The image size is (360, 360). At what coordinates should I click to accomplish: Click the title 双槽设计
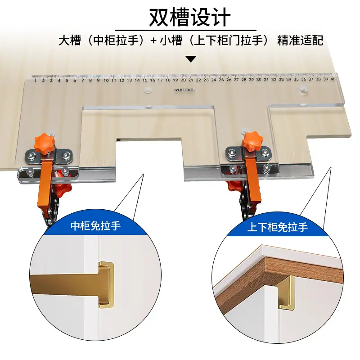(x=189, y=17)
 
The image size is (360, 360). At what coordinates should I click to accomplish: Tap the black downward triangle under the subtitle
(x=191, y=59)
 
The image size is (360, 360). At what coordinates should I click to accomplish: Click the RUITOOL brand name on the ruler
(x=184, y=90)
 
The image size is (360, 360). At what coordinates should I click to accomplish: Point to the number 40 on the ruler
(x=333, y=79)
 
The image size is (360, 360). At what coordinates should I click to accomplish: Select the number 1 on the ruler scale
(x=36, y=81)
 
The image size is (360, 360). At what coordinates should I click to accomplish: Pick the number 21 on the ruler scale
(x=190, y=80)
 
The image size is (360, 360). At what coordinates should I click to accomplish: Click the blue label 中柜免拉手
(x=95, y=226)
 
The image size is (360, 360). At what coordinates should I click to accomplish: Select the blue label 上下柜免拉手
(x=277, y=227)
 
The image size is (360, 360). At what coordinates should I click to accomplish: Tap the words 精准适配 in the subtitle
(x=300, y=40)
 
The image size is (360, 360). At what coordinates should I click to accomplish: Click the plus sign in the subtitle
(x=153, y=40)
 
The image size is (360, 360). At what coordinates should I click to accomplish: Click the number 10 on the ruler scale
(x=106, y=81)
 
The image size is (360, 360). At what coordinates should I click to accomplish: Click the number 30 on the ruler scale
(x=259, y=80)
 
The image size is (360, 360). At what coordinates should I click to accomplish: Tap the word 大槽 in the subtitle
(x=70, y=40)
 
